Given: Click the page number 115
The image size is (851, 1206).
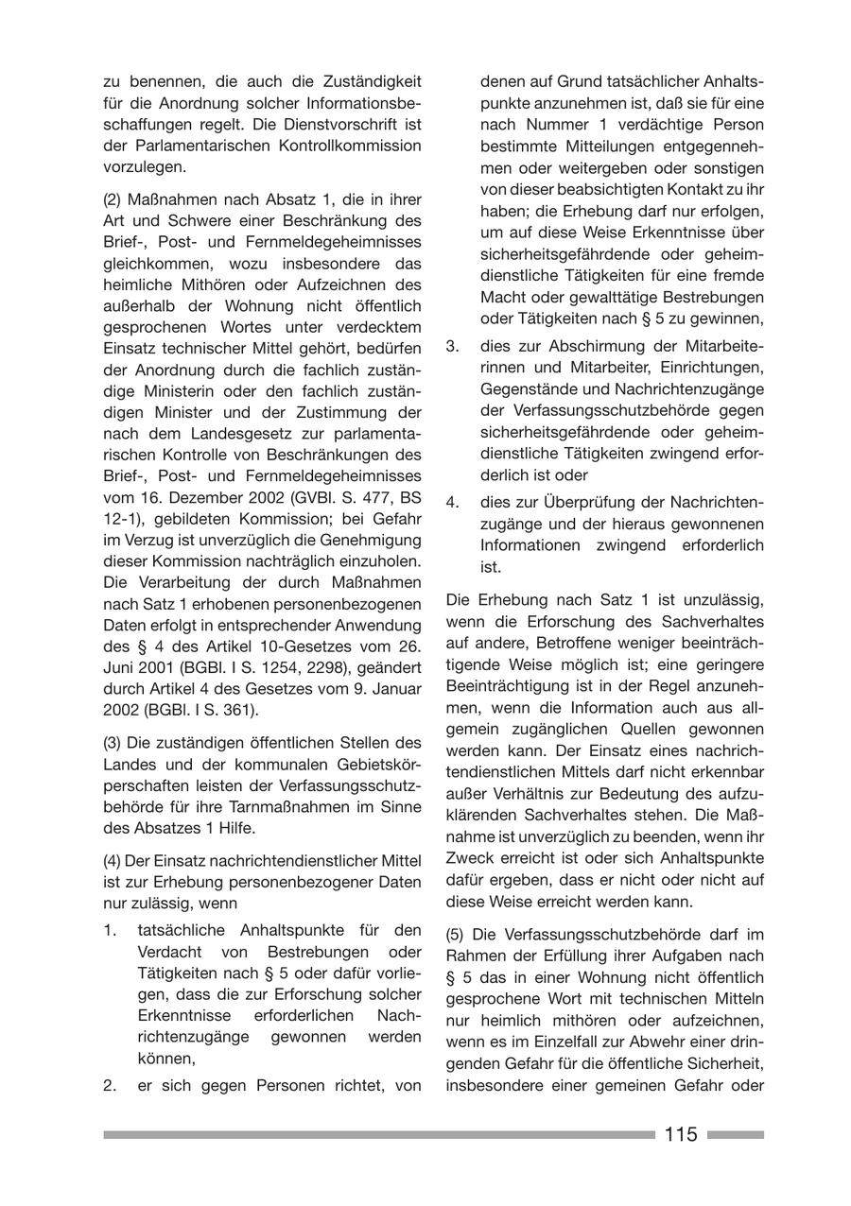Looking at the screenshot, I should coord(681,1134).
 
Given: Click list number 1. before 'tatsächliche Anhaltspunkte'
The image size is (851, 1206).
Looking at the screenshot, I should coord(111,929).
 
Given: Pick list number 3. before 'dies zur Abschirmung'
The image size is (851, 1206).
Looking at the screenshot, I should coord(453,346).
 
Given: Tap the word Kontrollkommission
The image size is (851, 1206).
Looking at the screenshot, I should coord(359,146).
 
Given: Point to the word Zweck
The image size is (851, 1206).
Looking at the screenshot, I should coord(466,858).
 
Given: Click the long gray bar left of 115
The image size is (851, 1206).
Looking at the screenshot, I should coord(378,1134).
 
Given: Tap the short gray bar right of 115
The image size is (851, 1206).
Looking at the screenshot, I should coord(735,1134).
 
